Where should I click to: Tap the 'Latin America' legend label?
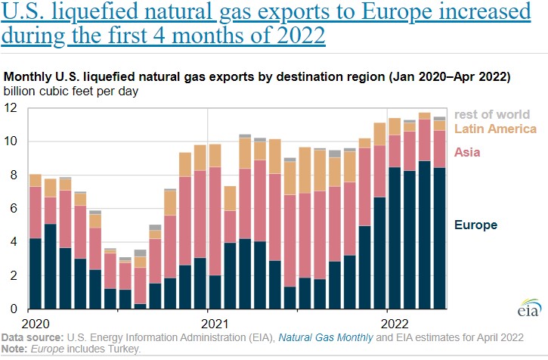click(x=495, y=129)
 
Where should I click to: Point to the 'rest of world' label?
click(x=495, y=113)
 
